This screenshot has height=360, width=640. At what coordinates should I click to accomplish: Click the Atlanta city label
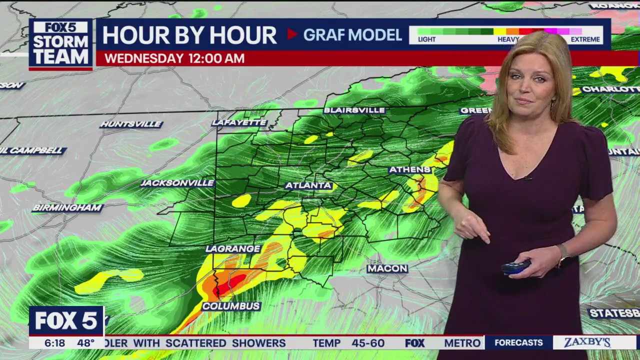pos(308,185)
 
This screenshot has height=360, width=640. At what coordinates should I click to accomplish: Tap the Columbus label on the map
pos(231,306)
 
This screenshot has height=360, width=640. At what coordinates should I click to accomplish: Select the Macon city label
pos(387,268)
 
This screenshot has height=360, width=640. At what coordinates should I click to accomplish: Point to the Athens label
pos(410,169)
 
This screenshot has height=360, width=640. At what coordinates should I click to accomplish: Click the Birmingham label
pos(67,208)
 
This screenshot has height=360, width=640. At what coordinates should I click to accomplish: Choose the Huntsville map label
pos(131,124)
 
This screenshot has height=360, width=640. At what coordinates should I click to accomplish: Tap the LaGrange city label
pos(233,248)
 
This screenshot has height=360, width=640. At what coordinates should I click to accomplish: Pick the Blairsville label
pos(354,110)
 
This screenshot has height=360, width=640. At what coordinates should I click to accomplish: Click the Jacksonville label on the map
pos(177,183)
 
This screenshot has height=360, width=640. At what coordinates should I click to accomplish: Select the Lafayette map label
pos(239,122)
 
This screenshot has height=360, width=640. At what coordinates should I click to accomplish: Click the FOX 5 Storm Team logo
pos(60,43)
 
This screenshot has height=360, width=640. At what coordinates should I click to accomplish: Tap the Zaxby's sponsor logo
pos(587,342)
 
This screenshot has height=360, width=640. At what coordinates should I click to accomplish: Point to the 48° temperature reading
pos(85,343)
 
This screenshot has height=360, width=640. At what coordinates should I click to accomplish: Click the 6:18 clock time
pos(54,343)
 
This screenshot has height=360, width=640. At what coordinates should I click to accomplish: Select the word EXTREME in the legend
pos(585,39)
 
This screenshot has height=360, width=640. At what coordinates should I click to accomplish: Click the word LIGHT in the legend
pos(426,39)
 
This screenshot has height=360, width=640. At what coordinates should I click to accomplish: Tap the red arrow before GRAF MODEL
pos(292,34)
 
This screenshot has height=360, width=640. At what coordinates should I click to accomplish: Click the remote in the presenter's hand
pos(515,267)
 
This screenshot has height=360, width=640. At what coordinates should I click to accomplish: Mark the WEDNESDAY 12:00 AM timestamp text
pos(174,58)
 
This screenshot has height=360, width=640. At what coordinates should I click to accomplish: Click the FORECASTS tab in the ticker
pos(518,342)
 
